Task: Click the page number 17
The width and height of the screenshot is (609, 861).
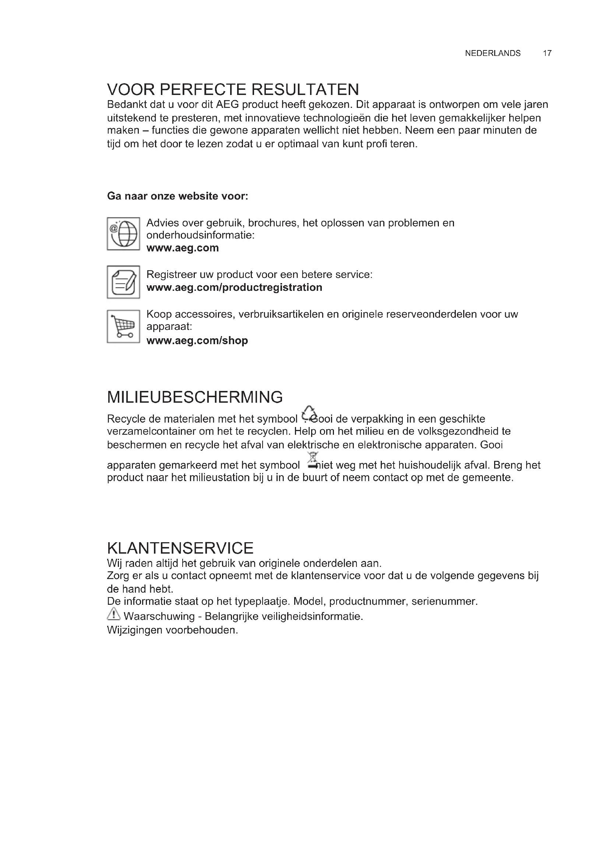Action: coord(547,53)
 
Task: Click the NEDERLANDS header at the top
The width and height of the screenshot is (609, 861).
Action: coord(492,53)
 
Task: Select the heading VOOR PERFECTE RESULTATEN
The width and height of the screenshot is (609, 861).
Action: coord(233,89)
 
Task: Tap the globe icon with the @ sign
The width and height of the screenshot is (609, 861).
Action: coord(123,234)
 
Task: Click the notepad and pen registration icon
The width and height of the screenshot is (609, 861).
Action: coord(123,282)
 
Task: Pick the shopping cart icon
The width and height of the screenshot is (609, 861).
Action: coord(123,326)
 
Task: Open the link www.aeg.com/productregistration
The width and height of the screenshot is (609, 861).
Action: coord(234,287)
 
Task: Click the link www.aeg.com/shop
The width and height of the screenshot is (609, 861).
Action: coord(197,340)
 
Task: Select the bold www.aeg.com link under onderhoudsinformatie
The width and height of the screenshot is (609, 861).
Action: coord(182,248)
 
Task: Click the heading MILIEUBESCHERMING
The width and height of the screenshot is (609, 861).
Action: coord(195,397)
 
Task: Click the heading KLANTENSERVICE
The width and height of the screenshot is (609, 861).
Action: coord(180,548)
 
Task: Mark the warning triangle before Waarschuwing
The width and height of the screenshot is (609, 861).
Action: coord(113,614)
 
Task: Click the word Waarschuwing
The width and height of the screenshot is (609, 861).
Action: coord(159,616)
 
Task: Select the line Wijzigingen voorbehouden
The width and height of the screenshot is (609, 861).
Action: coord(172,630)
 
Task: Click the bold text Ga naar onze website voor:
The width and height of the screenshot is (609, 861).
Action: coord(177,196)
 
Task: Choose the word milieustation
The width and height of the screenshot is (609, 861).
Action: coord(218,478)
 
